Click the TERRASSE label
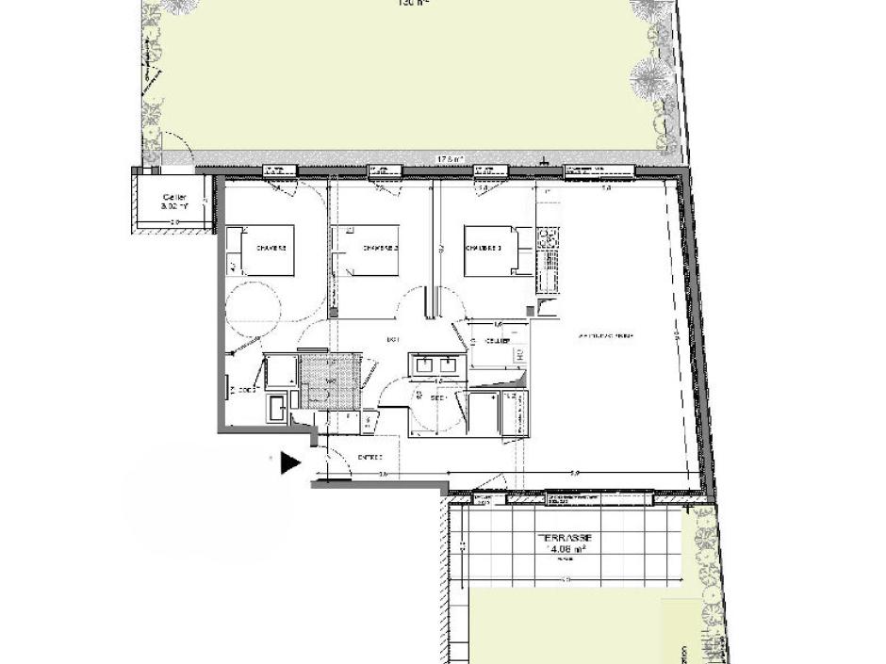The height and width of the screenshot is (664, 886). pos(564,537)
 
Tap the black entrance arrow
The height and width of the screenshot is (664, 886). pos(290,462)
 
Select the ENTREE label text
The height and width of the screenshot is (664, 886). pos(369,458)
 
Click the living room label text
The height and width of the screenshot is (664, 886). pos(605,335)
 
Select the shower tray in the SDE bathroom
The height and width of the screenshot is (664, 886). pos(485,413)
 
